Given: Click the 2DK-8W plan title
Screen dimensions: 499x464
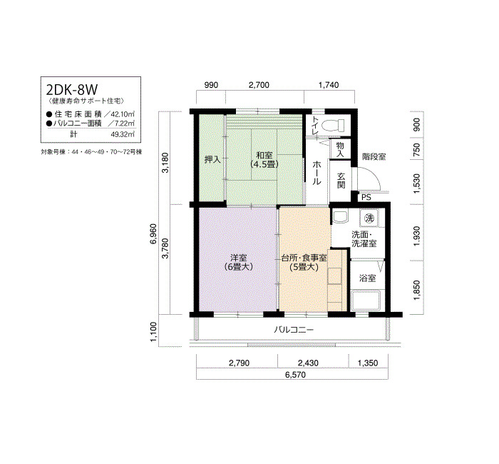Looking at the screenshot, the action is (x=72, y=90).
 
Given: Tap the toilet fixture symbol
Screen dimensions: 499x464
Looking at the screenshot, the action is (x=333, y=125).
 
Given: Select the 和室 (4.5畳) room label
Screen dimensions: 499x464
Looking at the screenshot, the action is (x=264, y=160).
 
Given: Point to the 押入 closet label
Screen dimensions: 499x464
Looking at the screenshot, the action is (x=212, y=159).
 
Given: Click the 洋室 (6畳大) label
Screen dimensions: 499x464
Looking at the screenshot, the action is (x=238, y=262).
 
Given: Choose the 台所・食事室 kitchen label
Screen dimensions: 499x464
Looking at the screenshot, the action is (x=304, y=258).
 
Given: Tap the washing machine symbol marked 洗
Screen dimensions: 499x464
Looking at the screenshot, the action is (x=369, y=218).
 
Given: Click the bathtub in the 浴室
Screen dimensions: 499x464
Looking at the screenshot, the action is (x=366, y=301).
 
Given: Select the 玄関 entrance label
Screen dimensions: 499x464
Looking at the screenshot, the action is (x=341, y=181).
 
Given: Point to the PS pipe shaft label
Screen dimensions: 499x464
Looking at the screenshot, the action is (x=366, y=197).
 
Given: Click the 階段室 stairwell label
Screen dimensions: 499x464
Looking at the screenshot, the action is (x=374, y=157).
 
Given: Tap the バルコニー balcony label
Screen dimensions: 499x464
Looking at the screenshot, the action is (x=294, y=330).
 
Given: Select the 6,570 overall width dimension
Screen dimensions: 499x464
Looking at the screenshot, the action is (x=295, y=375).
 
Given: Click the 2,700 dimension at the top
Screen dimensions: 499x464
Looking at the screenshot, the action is (x=259, y=85).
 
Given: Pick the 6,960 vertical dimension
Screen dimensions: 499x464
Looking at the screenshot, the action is (x=153, y=234).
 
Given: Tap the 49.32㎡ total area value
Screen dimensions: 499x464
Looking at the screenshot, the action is (x=123, y=134).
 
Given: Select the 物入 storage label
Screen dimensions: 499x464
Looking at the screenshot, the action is (x=340, y=149).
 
